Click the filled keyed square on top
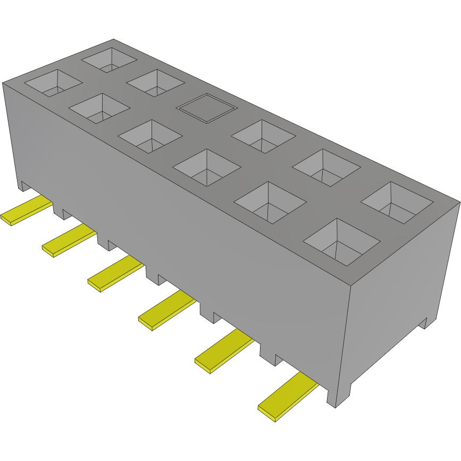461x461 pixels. (206, 108)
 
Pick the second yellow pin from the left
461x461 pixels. (69, 240)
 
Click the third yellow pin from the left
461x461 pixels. (115, 273)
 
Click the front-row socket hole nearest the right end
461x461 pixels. (341, 241)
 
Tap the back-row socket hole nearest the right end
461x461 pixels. (397, 202)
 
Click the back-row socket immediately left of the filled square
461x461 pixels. (155, 83)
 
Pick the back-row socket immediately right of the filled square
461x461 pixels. (263, 136)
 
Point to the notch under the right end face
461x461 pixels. (423, 323)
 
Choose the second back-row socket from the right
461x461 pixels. (326, 167)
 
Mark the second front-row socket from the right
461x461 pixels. (270, 202)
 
